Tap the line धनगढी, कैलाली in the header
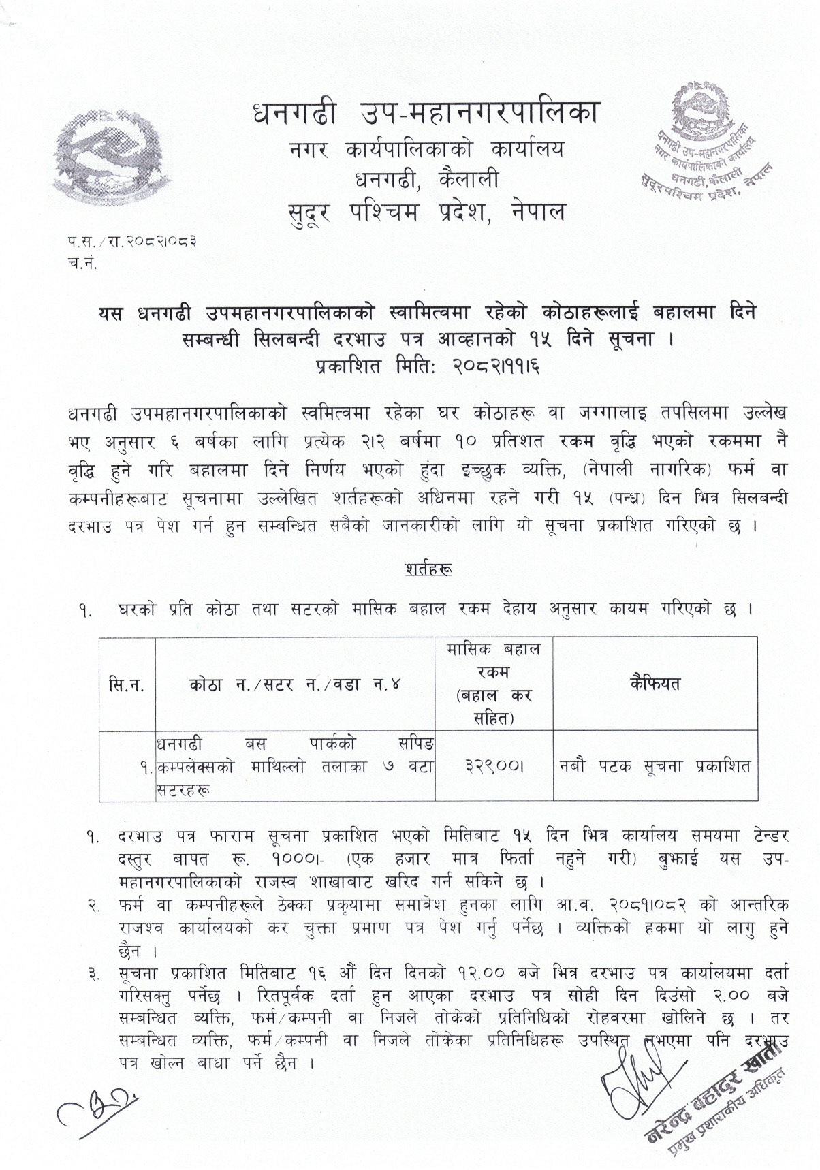point(426,180)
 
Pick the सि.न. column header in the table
point(127,684)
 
